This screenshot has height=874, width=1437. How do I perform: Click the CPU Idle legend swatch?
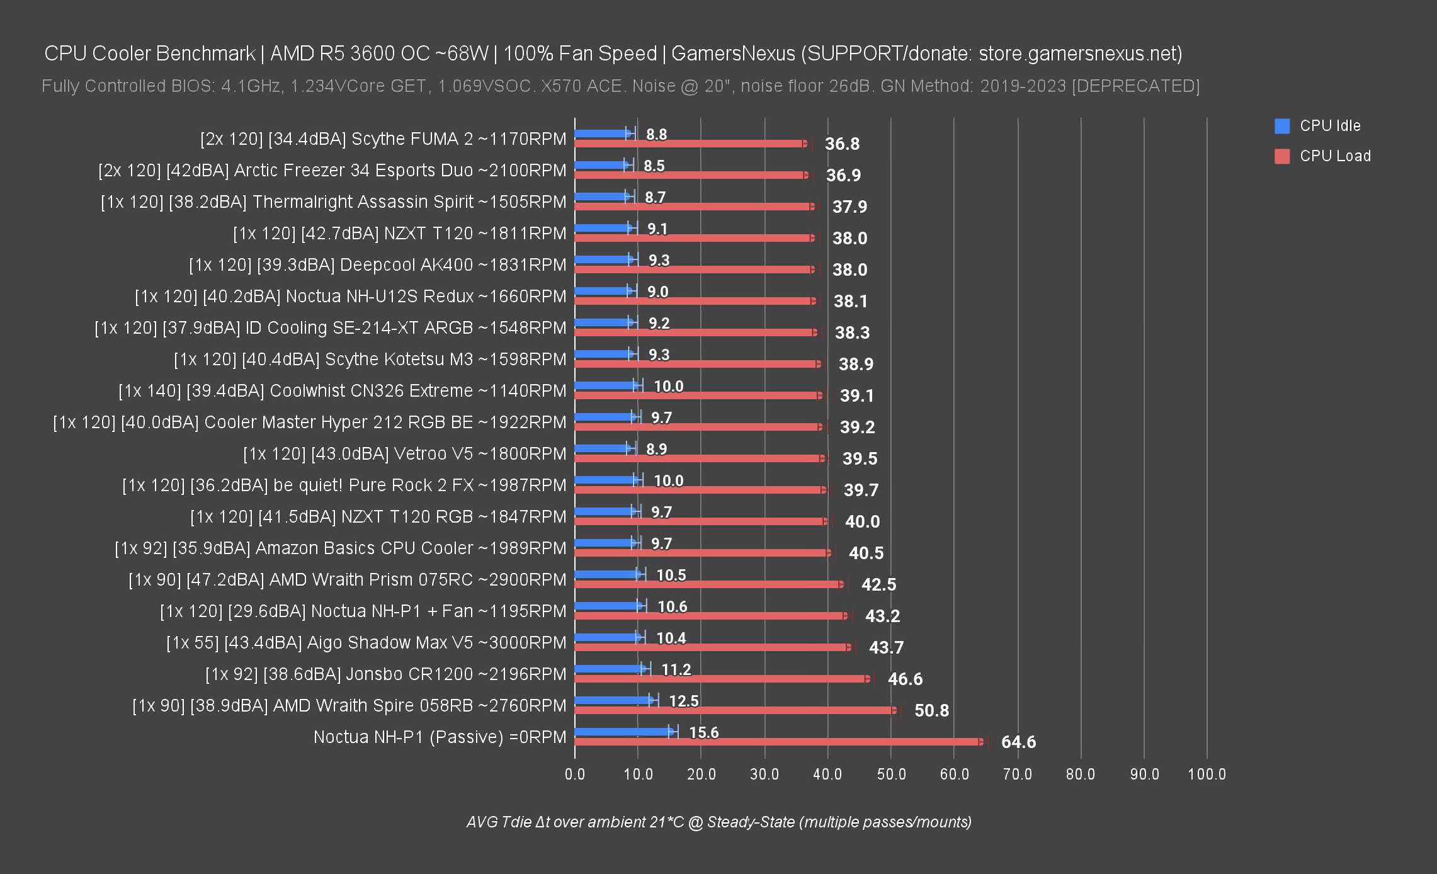tap(1282, 126)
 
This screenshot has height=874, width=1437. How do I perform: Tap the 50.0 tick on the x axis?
tap(891, 775)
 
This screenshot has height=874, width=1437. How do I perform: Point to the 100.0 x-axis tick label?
tap(1207, 775)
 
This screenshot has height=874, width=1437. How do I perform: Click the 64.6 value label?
tap(1018, 742)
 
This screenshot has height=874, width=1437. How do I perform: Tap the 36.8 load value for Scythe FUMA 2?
tap(842, 144)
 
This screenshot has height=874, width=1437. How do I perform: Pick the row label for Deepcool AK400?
tap(378, 265)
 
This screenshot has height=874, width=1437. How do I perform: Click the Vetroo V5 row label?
tap(405, 454)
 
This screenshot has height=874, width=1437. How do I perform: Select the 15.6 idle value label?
tap(703, 733)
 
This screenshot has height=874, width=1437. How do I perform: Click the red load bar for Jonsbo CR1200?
tap(721, 679)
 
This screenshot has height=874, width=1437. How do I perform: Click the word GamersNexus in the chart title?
tap(733, 54)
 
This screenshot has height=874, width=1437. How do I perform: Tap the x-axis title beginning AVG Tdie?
tap(718, 822)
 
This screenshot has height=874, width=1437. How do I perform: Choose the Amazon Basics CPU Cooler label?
tap(341, 548)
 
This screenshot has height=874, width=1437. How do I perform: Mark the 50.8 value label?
tap(931, 711)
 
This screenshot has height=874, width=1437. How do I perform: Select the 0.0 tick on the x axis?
tap(575, 775)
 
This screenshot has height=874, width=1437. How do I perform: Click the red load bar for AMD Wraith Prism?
tap(708, 584)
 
